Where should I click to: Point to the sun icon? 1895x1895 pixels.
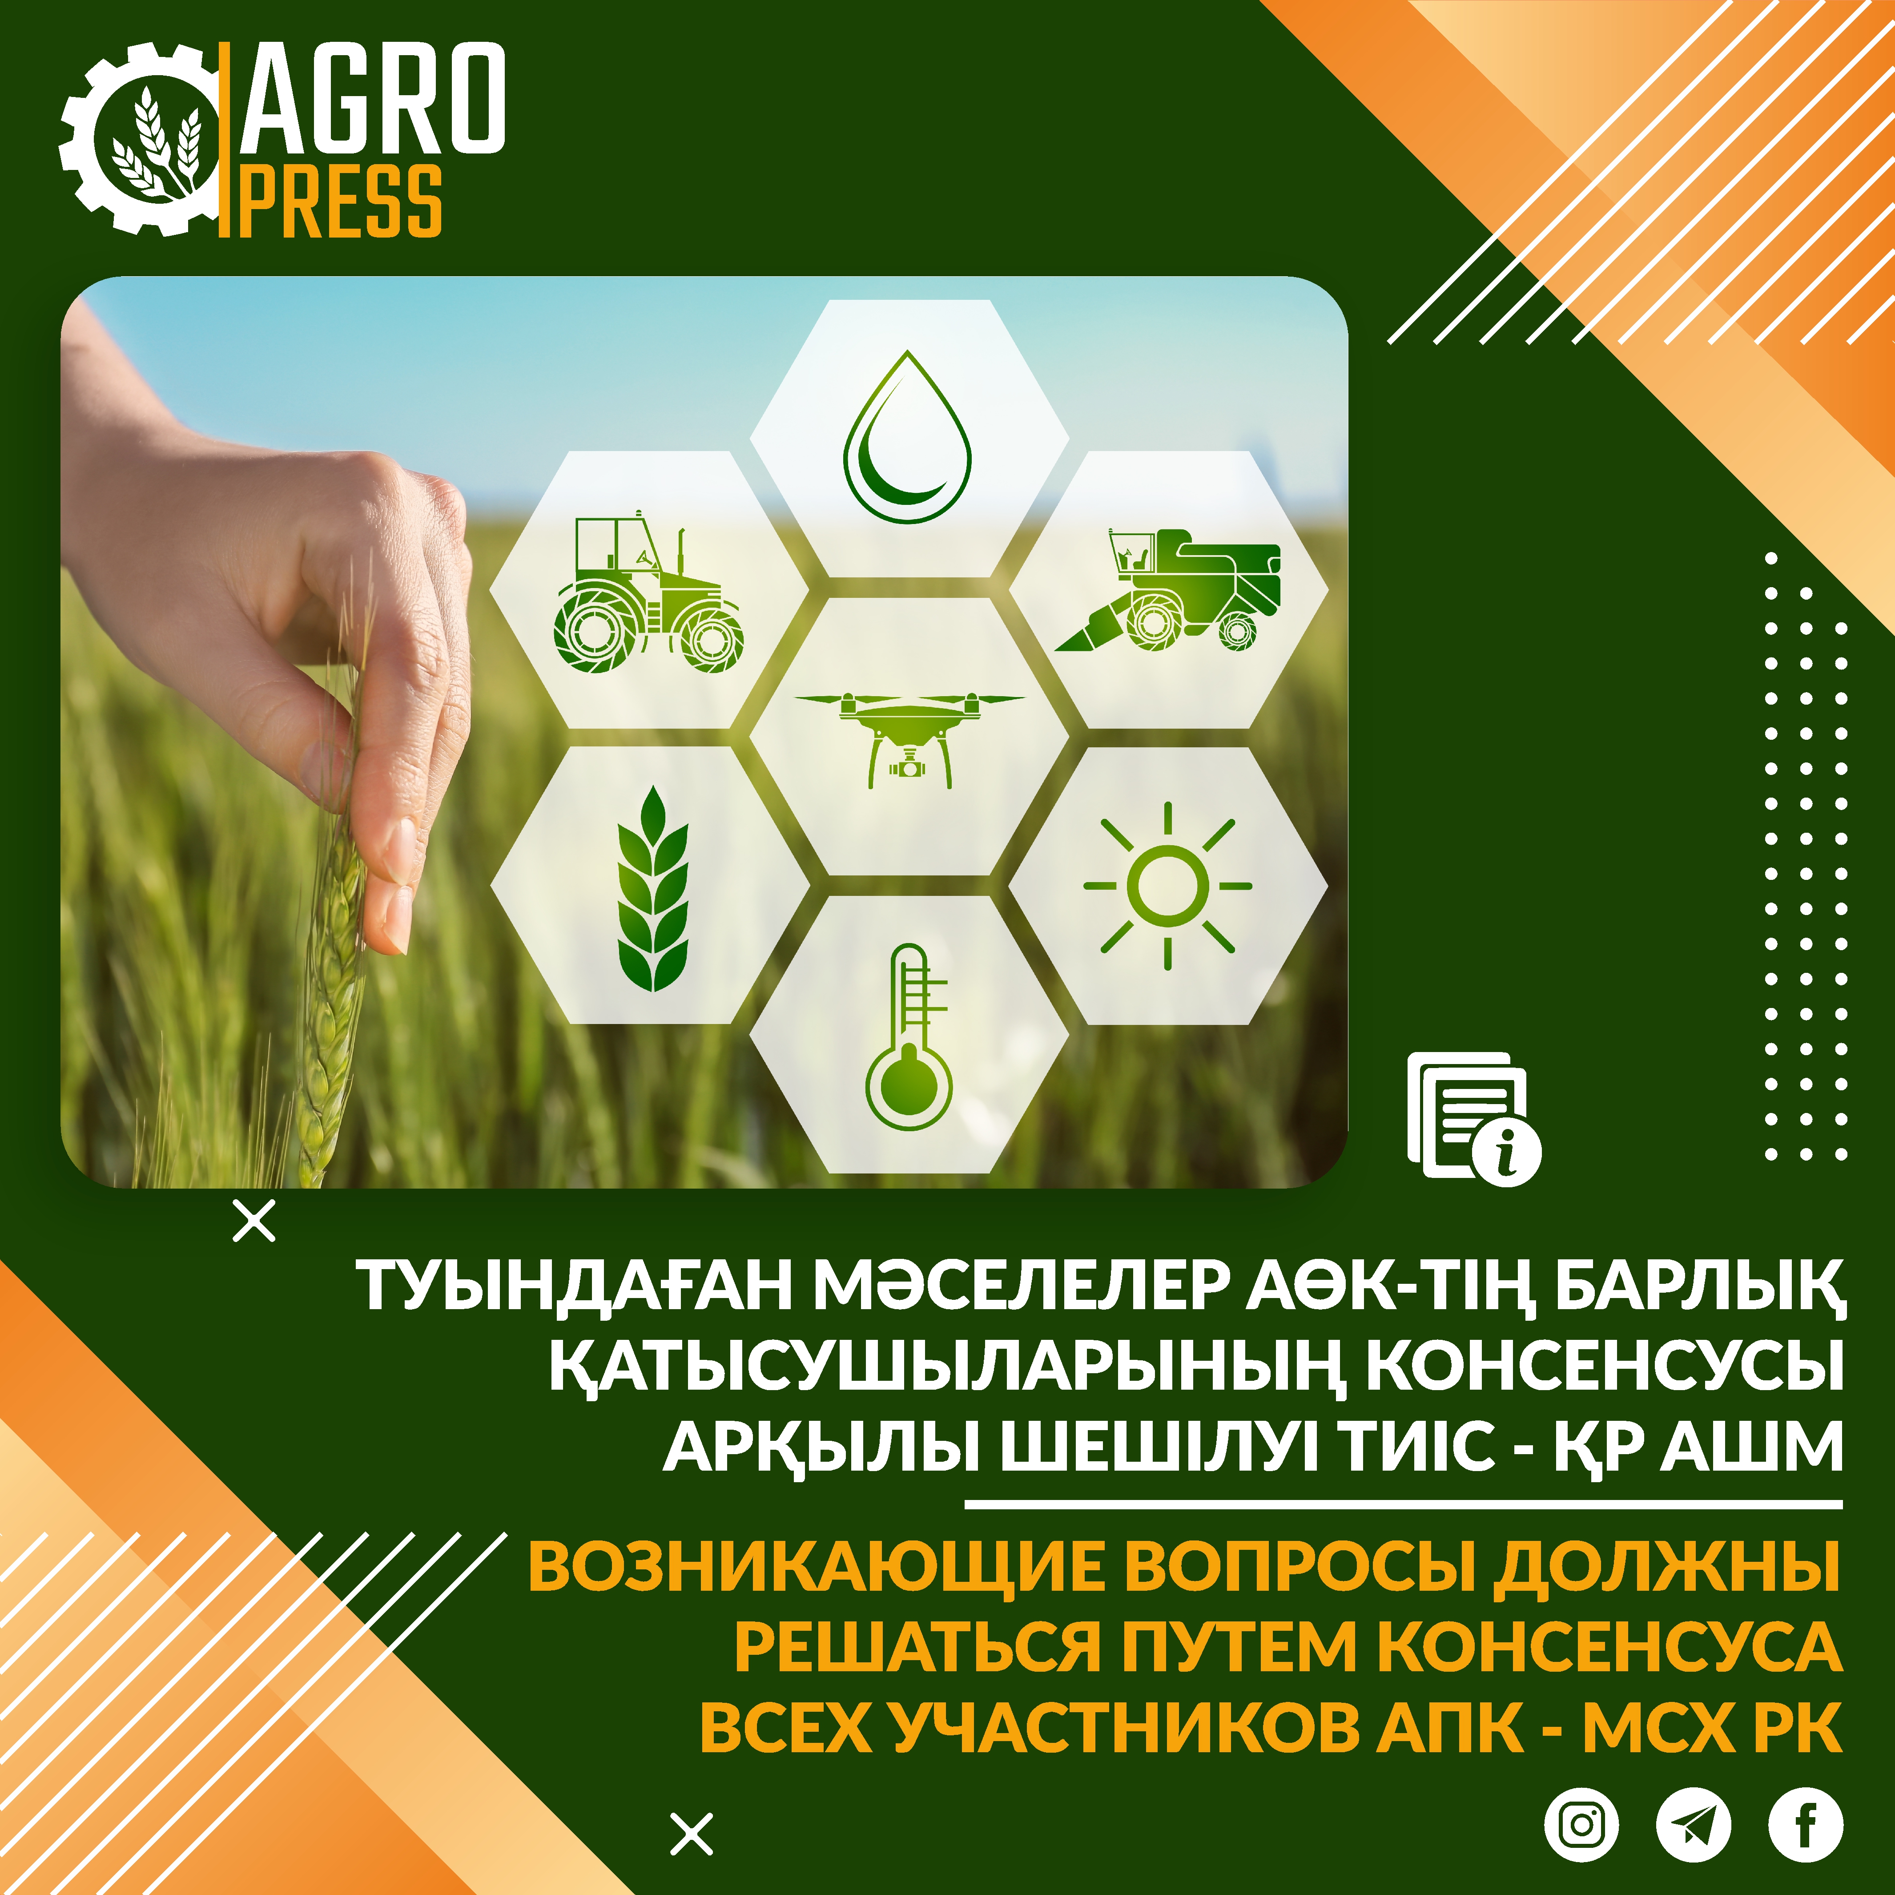point(1167,886)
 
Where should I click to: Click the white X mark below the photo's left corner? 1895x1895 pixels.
point(255,1221)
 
